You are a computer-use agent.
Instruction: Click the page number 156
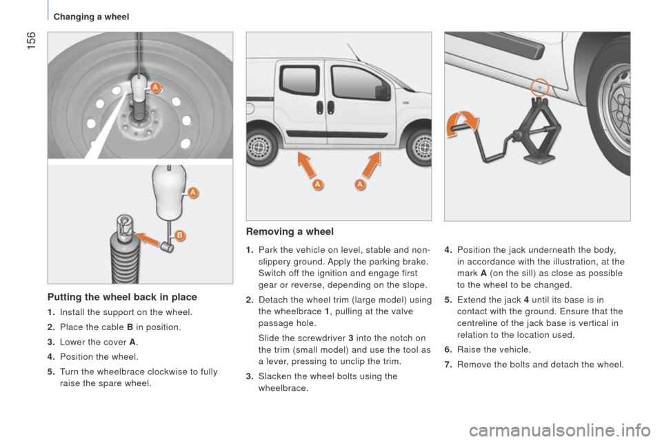coord(32,41)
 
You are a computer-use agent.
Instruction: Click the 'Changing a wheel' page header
coord(91,17)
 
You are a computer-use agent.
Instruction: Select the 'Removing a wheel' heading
coord(290,231)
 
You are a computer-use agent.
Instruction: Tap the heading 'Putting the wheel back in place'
coord(122,297)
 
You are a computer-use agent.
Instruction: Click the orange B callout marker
coord(179,236)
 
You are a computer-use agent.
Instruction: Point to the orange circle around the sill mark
coord(539,88)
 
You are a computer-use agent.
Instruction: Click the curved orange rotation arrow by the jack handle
coord(462,123)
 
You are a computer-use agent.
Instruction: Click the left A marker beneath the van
coord(317,184)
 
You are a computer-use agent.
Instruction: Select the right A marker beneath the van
coord(360,184)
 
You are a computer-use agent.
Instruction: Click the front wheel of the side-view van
coord(420,147)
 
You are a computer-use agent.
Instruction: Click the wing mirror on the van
coord(383,92)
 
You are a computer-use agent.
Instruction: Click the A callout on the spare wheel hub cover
coord(155,88)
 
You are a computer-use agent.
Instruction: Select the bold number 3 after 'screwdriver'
coord(351,338)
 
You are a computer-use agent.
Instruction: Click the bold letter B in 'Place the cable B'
coord(130,327)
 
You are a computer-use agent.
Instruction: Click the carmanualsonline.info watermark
coord(560,430)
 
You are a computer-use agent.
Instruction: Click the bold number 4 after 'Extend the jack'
coord(526,300)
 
